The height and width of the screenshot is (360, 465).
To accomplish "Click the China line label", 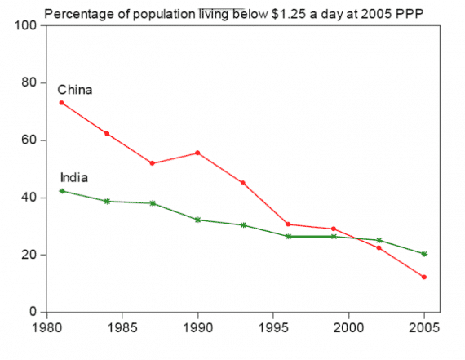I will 74,90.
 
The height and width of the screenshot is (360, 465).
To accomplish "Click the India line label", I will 74,177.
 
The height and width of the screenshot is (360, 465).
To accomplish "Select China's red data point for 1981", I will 62,103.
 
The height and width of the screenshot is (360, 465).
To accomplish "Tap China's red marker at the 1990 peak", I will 197,153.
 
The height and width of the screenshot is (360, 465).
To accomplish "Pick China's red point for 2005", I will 423,278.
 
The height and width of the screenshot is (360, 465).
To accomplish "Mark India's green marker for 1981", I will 62,191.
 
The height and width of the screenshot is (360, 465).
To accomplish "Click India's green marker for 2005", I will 423,254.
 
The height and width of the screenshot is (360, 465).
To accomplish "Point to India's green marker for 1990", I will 197,220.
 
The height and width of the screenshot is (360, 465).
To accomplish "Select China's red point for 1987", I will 153,163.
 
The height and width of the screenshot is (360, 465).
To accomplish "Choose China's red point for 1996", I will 288,224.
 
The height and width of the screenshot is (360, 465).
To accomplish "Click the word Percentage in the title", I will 77,12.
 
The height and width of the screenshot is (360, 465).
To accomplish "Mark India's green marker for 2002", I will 379,241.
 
